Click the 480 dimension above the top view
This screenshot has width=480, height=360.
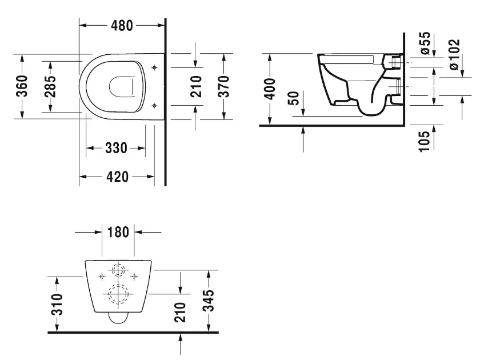[x=121, y=25]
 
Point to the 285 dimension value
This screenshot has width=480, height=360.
[x=50, y=86]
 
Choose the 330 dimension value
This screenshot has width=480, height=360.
[x=116, y=149]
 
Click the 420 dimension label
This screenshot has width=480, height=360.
[x=118, y=177]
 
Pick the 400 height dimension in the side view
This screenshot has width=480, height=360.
[x=270, y=89]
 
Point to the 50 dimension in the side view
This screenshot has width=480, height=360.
[x=294, y=99]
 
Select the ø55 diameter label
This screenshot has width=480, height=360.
[x=424, y=43]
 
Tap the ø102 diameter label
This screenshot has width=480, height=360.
[x=454, y=54]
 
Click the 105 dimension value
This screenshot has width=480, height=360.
[x=423, y=141]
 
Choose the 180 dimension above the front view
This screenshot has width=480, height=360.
[x=118, y=232]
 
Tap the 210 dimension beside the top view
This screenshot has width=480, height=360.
[x=196, y=86]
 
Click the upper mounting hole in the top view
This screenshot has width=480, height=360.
[x=155, y=68]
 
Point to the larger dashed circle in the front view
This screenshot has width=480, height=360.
[x=118, y=294]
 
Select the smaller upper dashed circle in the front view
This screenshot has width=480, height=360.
[x=118, y=270]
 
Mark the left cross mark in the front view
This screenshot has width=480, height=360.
[x=102, y=277]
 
